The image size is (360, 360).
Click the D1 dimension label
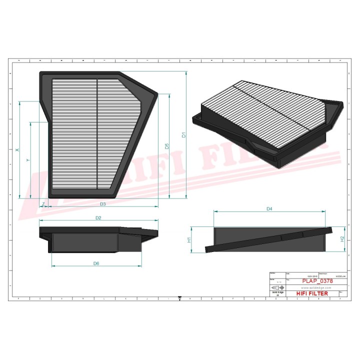[x=183, y=135]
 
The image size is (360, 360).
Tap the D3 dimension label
[x=103, y=204]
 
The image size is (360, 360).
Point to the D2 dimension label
[x=98, y=218]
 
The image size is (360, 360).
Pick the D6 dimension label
[x=95, y=263]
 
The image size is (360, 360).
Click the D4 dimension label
[x=269, y=208]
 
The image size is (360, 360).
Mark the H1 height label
[x=189, y=240]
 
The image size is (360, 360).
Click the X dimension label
[x=16, y=149]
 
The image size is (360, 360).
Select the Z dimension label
[x=43, y=204]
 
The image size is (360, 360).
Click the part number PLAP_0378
[x=317, y=281]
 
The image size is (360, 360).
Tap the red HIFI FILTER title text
[x=312, y=293]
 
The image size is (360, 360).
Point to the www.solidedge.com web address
[x=316, y=288]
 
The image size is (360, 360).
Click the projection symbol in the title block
[x=276, y=288]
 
